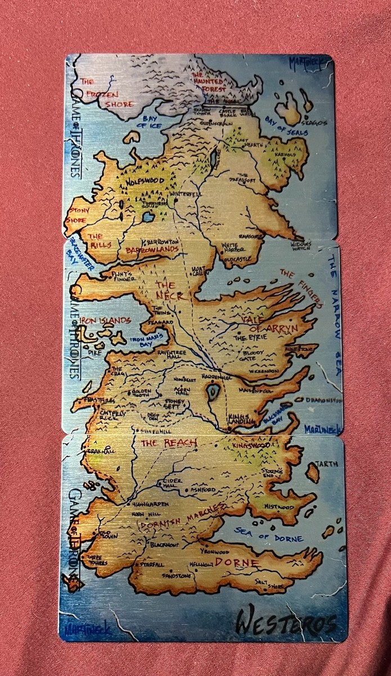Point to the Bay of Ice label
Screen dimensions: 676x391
click(150, 122)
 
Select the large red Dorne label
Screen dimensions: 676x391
click(236, 562)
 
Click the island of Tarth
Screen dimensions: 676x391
click(313, 472)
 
